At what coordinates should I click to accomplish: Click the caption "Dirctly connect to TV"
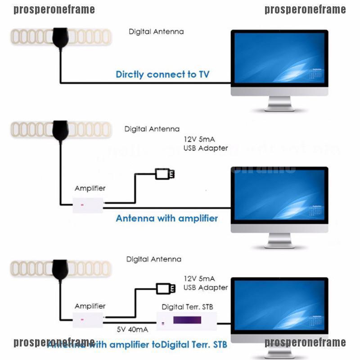coord(162,74)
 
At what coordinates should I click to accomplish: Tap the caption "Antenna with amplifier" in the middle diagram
coord(166,218)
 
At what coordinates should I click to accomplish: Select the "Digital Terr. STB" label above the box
coord(187,307)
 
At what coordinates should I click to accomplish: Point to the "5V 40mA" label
coord(132,329)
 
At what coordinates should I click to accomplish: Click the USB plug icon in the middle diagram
coord(164,174)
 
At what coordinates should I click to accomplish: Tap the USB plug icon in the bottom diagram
coord(165,288)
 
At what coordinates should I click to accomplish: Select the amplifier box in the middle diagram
coord(89,205)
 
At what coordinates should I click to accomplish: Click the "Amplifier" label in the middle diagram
coord(90,189)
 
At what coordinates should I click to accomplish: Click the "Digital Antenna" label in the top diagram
coord(156,32)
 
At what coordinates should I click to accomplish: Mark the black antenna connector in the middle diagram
coord(60,130)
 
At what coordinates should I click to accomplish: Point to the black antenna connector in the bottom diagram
coord(60,269)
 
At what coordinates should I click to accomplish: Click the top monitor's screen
coord(279,57)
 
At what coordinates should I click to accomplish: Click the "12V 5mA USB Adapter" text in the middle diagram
coord(205,144)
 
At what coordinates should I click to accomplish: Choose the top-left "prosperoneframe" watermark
coord(54,9)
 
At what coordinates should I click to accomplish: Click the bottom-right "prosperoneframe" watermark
coord(305,343)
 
